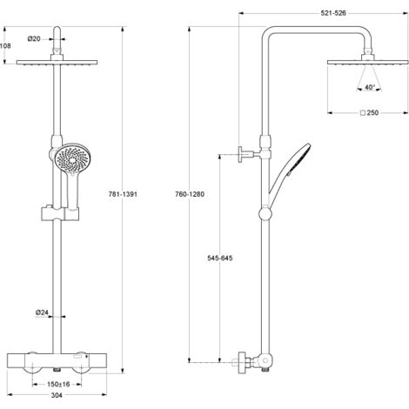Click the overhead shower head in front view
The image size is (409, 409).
pos(59,64)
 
